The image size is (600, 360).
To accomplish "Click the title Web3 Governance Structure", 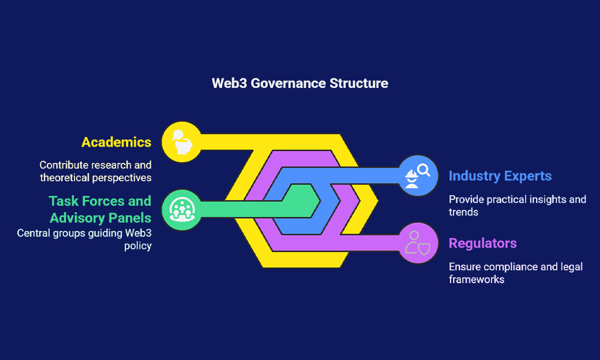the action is (300, 83).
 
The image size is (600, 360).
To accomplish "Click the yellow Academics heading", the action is (117, 142).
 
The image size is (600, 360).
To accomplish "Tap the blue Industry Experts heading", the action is (500, 176).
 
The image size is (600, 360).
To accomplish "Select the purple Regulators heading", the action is (483, 243).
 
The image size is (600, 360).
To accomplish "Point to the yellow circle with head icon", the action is (182, 142).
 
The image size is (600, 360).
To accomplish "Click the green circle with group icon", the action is (182, 210).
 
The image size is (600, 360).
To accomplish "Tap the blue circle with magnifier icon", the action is (418, 176).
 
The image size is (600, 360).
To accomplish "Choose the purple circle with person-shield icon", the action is (418, 243).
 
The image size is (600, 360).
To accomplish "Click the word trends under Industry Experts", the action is (463, 212).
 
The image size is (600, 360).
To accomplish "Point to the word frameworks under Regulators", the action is (476, 280).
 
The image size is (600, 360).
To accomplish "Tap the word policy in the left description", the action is (138, 246).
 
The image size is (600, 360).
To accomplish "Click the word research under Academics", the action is (111, 165).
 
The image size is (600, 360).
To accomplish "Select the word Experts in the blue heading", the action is (528, 176).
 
